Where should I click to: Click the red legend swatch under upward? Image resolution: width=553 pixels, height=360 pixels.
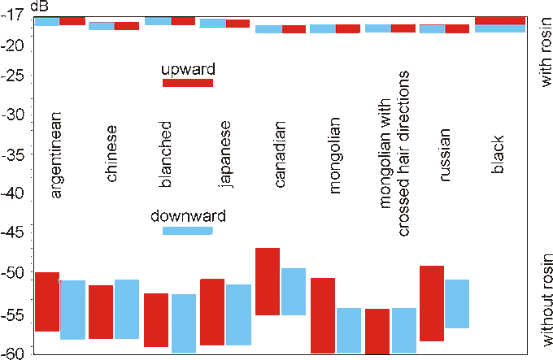(188, 83)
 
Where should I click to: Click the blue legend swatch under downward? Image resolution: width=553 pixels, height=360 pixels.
(188, 231)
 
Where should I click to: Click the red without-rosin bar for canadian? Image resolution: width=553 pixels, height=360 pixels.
(268, 281)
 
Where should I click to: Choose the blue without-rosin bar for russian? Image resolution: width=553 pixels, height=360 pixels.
(458, 303)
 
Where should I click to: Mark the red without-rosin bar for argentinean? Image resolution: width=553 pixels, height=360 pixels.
(48, 301)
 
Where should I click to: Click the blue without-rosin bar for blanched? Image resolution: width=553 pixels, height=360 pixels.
(183, 323)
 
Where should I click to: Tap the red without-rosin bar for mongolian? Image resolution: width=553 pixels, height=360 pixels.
(323, 315)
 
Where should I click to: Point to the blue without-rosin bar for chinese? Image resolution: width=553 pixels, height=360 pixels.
(127, 309)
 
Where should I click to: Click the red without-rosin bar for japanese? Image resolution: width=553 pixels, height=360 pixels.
(212, 312)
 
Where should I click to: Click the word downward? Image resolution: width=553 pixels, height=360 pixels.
(188, 216)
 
